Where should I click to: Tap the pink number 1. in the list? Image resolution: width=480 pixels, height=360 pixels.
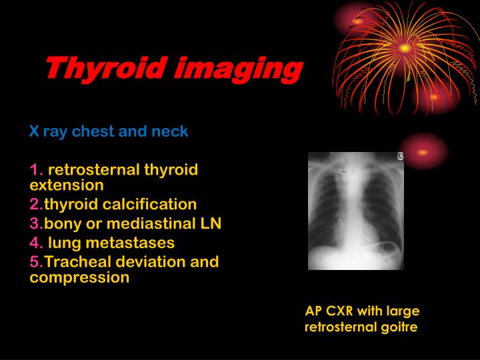click(36, 169)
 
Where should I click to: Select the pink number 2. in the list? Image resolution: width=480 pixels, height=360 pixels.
click(36, 204)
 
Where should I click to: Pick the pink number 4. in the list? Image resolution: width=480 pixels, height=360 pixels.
click(36, 243)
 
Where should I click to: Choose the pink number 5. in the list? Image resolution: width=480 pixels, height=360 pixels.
click(36, 261)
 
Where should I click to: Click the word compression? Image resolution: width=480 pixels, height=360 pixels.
click(79, 277)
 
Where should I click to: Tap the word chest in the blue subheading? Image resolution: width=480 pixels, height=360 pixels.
click(93, 131)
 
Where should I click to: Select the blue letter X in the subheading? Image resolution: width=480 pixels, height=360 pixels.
click(33, 131)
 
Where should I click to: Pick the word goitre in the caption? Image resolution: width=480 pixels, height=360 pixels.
click(397, 327)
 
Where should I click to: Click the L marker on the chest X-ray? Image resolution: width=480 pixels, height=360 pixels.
click(400, 157)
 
